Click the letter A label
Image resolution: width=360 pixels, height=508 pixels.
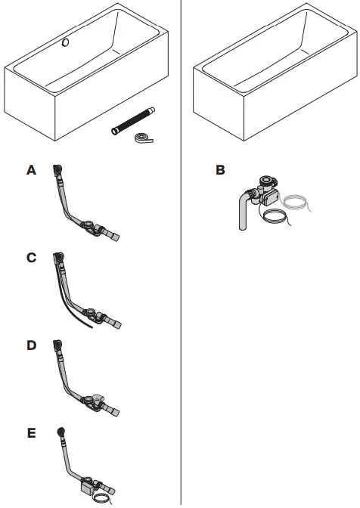(x=31, y=171)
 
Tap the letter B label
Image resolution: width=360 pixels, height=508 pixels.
(x=220, y=171)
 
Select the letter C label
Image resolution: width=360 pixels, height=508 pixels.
(x=31, y=258)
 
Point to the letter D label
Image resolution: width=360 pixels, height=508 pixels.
(x=31, y=345)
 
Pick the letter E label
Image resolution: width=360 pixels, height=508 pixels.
(x=31, y=433)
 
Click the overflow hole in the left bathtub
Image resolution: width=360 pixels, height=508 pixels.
(x=66, y=43)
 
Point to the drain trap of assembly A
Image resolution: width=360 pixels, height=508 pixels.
(x=92, y=225)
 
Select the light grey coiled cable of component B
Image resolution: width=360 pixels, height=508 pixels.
(x=294, y=203)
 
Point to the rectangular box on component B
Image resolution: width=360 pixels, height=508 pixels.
(x=269, y=197)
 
